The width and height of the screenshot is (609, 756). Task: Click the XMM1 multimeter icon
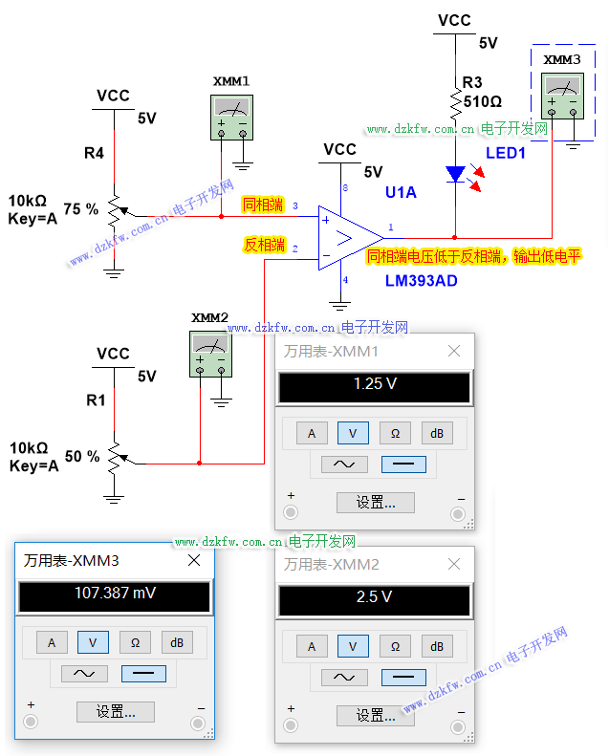(x=232, y=118)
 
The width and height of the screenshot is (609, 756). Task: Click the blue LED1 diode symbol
(x=456, y=174)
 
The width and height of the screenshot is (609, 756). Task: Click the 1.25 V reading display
(x=374, y=385)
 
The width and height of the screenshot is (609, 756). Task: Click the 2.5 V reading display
(x=374, y=597)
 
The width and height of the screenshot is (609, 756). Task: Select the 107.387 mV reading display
(x=115, y=594)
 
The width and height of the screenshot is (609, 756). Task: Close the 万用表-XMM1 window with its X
(x=454, y=352)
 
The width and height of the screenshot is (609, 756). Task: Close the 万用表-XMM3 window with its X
(x=194, y=561)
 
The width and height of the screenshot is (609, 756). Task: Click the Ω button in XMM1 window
(x=395, y=434)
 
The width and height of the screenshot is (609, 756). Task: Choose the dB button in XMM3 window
(x=177, y=643)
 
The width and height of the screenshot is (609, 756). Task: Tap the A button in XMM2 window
(x=311, y=646)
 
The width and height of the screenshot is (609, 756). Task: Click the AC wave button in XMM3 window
(x=84, y=674)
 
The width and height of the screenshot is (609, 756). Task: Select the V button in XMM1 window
(x=353, y=434)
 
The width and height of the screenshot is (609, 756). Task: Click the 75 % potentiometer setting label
(x=81, y=207)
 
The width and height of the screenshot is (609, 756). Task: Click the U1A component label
(x=401, y=192)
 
